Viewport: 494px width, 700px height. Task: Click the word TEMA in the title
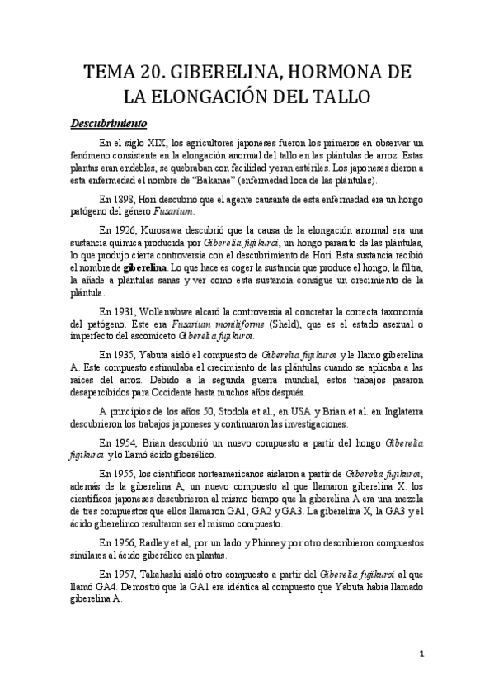109,72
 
